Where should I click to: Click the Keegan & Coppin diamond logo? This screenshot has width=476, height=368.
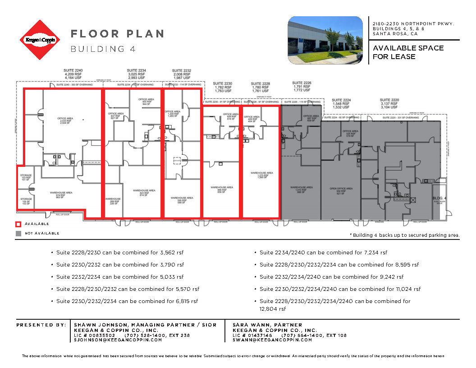coord(40,40)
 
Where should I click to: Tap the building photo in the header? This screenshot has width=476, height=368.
coord(325,40)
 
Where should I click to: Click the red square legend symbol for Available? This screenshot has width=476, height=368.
coord(18,224)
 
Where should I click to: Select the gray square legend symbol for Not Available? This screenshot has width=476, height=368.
coord(18,233)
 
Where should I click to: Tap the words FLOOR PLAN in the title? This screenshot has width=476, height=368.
coord(117,34)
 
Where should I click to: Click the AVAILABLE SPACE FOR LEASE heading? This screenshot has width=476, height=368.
coord(408,52)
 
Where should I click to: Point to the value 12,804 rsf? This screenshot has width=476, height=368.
coord(273,309)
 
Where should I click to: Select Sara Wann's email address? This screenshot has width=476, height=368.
coord(272,340)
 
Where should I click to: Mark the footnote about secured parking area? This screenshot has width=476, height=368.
coord(404,235)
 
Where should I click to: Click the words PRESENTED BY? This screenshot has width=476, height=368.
coord(41,325)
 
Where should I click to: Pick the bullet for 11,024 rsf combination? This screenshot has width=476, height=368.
coord(340,289)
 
